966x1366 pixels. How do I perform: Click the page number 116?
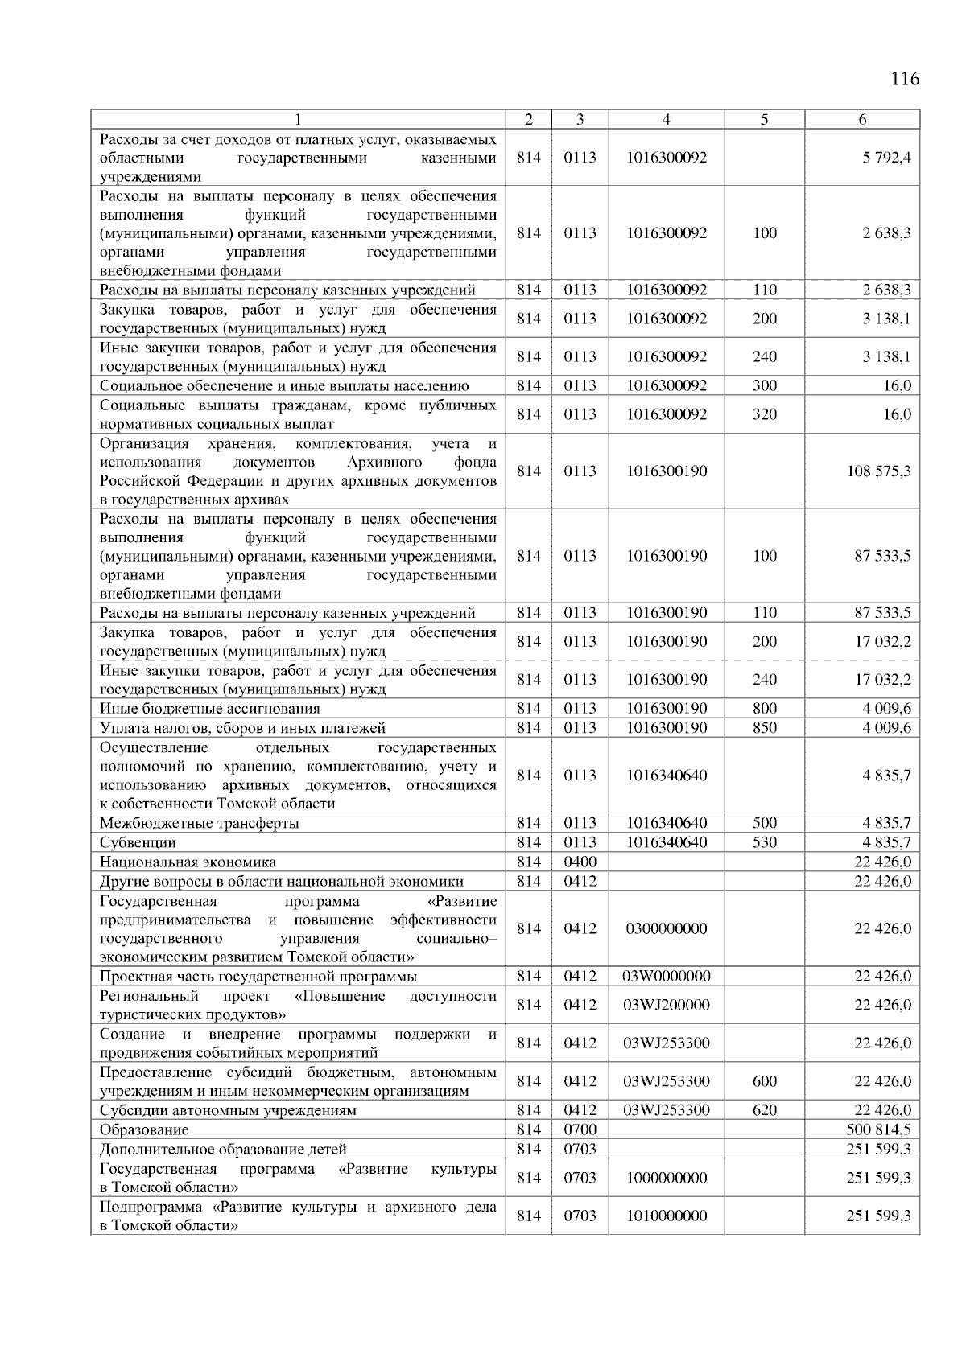pos(905,79)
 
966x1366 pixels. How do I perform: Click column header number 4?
pos(666,120)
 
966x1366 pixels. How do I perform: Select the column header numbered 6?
pos(862,120)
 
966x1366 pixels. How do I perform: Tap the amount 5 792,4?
pos(885,158)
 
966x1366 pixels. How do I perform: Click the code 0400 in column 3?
pos(580,862)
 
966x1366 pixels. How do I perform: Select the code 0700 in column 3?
pos(580,1129)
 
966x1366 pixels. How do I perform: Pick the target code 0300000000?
pos(666,928)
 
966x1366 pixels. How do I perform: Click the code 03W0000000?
pos(666,977)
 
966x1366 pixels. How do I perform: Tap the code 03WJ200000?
pos(666,1005)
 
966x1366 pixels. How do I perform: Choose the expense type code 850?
pos(764,728)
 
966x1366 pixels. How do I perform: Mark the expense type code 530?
pos(764,842)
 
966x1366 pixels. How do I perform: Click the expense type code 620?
pos(764,1110)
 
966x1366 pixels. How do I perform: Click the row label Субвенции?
pos(138,843)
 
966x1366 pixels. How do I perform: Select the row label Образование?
pos(144,1130)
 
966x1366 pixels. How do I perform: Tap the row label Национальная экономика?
pos(188,862)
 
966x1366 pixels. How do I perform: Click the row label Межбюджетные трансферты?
pos(199,824)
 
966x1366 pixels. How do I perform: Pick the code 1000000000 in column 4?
pos(666,1178)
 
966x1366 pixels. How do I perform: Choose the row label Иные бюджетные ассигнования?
pos(209,709)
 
